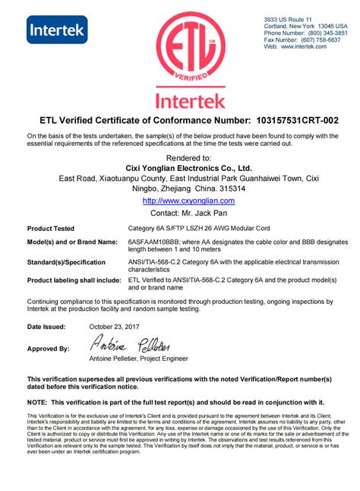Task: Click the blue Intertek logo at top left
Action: (58, 30)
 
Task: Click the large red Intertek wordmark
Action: (180, 100)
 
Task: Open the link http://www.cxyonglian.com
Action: (189, 201)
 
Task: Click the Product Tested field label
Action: (51, 228)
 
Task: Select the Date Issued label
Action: (46, 326)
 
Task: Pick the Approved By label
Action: (48, 349)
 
